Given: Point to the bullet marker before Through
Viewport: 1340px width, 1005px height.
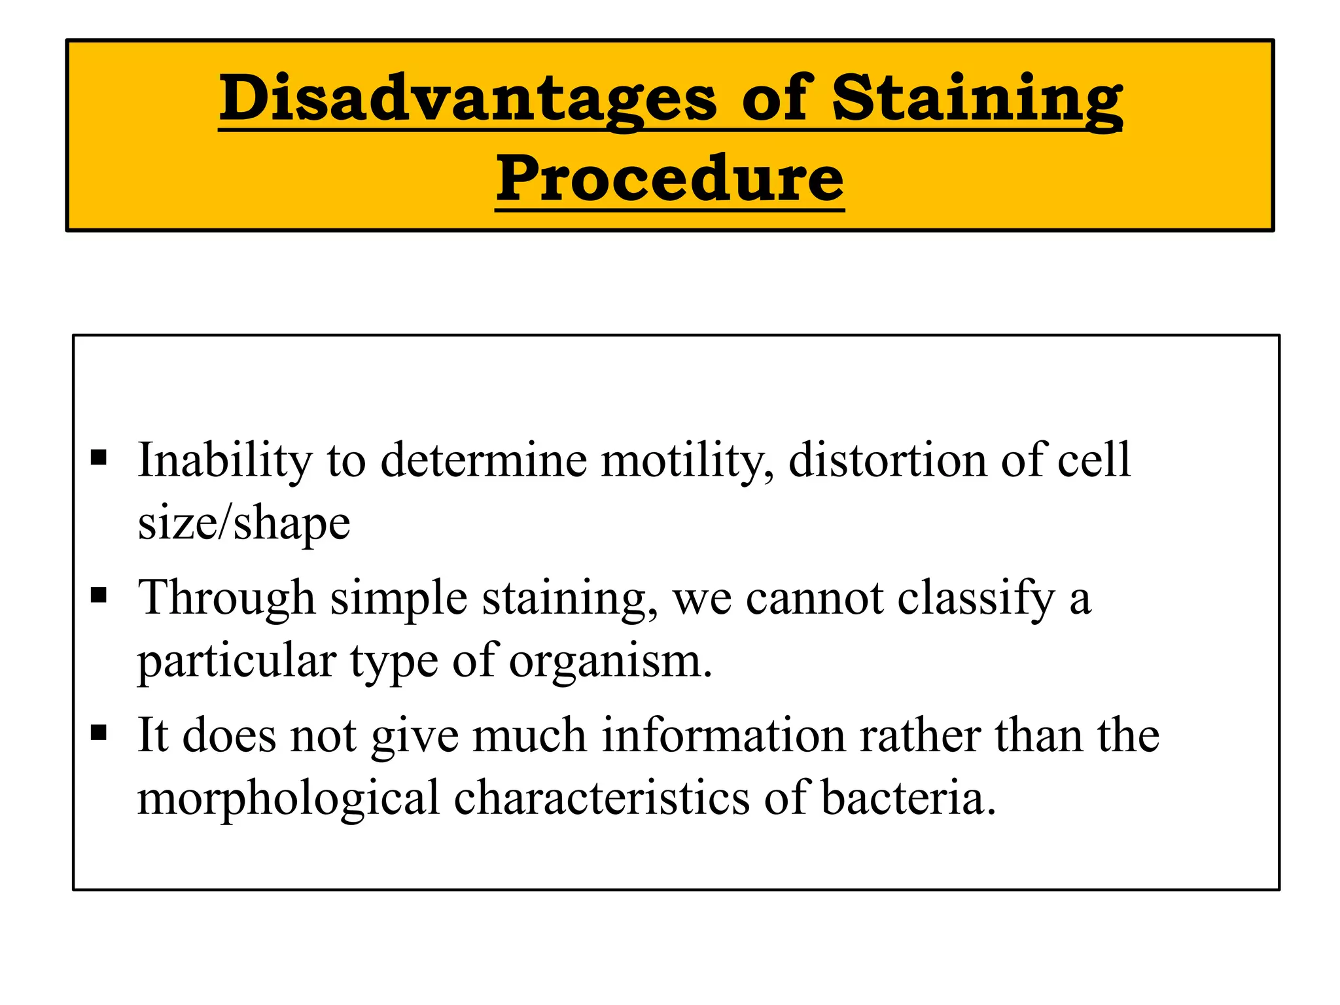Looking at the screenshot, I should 99,595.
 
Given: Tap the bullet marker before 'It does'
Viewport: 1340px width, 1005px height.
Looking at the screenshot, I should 99,732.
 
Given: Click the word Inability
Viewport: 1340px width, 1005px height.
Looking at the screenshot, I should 224,460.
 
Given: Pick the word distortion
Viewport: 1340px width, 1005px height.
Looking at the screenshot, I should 887,460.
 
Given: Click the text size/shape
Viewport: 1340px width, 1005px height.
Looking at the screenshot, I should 244,524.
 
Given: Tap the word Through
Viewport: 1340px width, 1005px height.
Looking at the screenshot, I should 226,597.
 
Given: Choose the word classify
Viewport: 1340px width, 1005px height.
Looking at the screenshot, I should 976,597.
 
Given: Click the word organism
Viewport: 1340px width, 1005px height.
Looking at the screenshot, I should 610,661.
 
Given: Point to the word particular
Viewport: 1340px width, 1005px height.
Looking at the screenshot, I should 236,661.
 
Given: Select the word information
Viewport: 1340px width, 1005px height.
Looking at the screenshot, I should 723,735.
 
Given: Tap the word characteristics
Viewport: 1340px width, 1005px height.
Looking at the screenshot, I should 601,798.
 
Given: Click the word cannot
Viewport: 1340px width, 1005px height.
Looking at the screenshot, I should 815,597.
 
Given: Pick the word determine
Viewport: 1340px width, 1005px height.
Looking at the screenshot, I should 484,460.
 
